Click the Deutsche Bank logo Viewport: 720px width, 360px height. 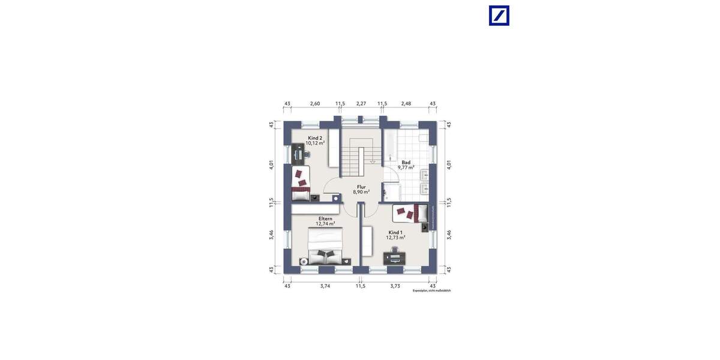pyautogui.click(x=499, y=16)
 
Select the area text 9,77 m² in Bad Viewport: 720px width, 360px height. pyautogui.click(x=406, y=168)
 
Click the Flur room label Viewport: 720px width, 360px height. pyautogui.click(x=361, y=187)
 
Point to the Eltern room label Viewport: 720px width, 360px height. pyautogui.click(x=326, y=218)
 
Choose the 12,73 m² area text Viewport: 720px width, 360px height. pyautogui.click(x=395, y=238)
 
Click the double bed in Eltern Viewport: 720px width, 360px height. pyautogui.click(x=326, y=247)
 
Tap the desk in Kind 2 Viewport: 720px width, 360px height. pyautogui.click(x=299, y=154)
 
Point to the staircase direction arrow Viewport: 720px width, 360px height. pyautogui.click(x=373, y=161)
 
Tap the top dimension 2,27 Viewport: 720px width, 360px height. pyautogui.click(x=361, y=104)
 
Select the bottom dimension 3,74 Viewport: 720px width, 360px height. pyautogui.click(x=325, y=286)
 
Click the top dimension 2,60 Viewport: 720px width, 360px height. pyautogui.click(x=314, y=104)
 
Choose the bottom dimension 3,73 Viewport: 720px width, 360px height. pyautogui.click(x=395, y=286)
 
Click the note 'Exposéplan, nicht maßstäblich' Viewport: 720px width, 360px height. pyautogui.click(x=431, y=291)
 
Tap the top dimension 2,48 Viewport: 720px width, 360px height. pyautogui.click(x=406, y=104)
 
